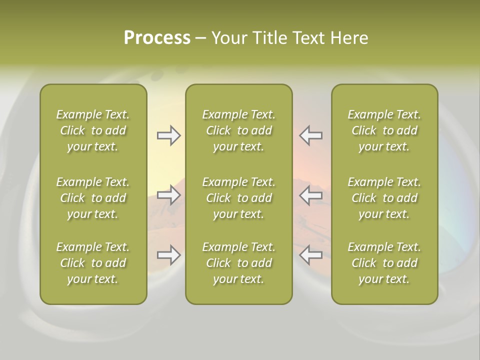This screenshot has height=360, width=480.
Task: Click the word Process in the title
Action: [x=157, y=38]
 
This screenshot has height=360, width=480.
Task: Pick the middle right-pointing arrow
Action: [x=169, y=195]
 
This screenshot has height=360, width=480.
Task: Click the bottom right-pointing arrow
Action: [x=169, y=255]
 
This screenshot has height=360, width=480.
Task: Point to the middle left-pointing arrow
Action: [x=311, y=195]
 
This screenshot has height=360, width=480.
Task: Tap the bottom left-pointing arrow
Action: [x=311, y=255]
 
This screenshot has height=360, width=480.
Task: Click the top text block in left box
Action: [x=93, y=130]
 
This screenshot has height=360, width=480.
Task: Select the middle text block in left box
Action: [x=93, y=198]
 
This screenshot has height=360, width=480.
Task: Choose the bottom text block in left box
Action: [x=93, y=263]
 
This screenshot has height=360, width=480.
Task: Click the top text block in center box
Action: [x=239, y=130]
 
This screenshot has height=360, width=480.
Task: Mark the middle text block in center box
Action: [x=239, y=198]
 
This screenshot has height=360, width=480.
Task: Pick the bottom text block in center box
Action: [x=239, y=263]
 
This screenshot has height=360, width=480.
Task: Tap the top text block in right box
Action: [x=384, y=130]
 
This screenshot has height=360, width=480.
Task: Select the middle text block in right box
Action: [x=384, y=198]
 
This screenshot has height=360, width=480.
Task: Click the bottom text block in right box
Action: [x=384, y=263]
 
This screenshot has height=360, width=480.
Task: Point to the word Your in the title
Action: [x=229, y=38]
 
